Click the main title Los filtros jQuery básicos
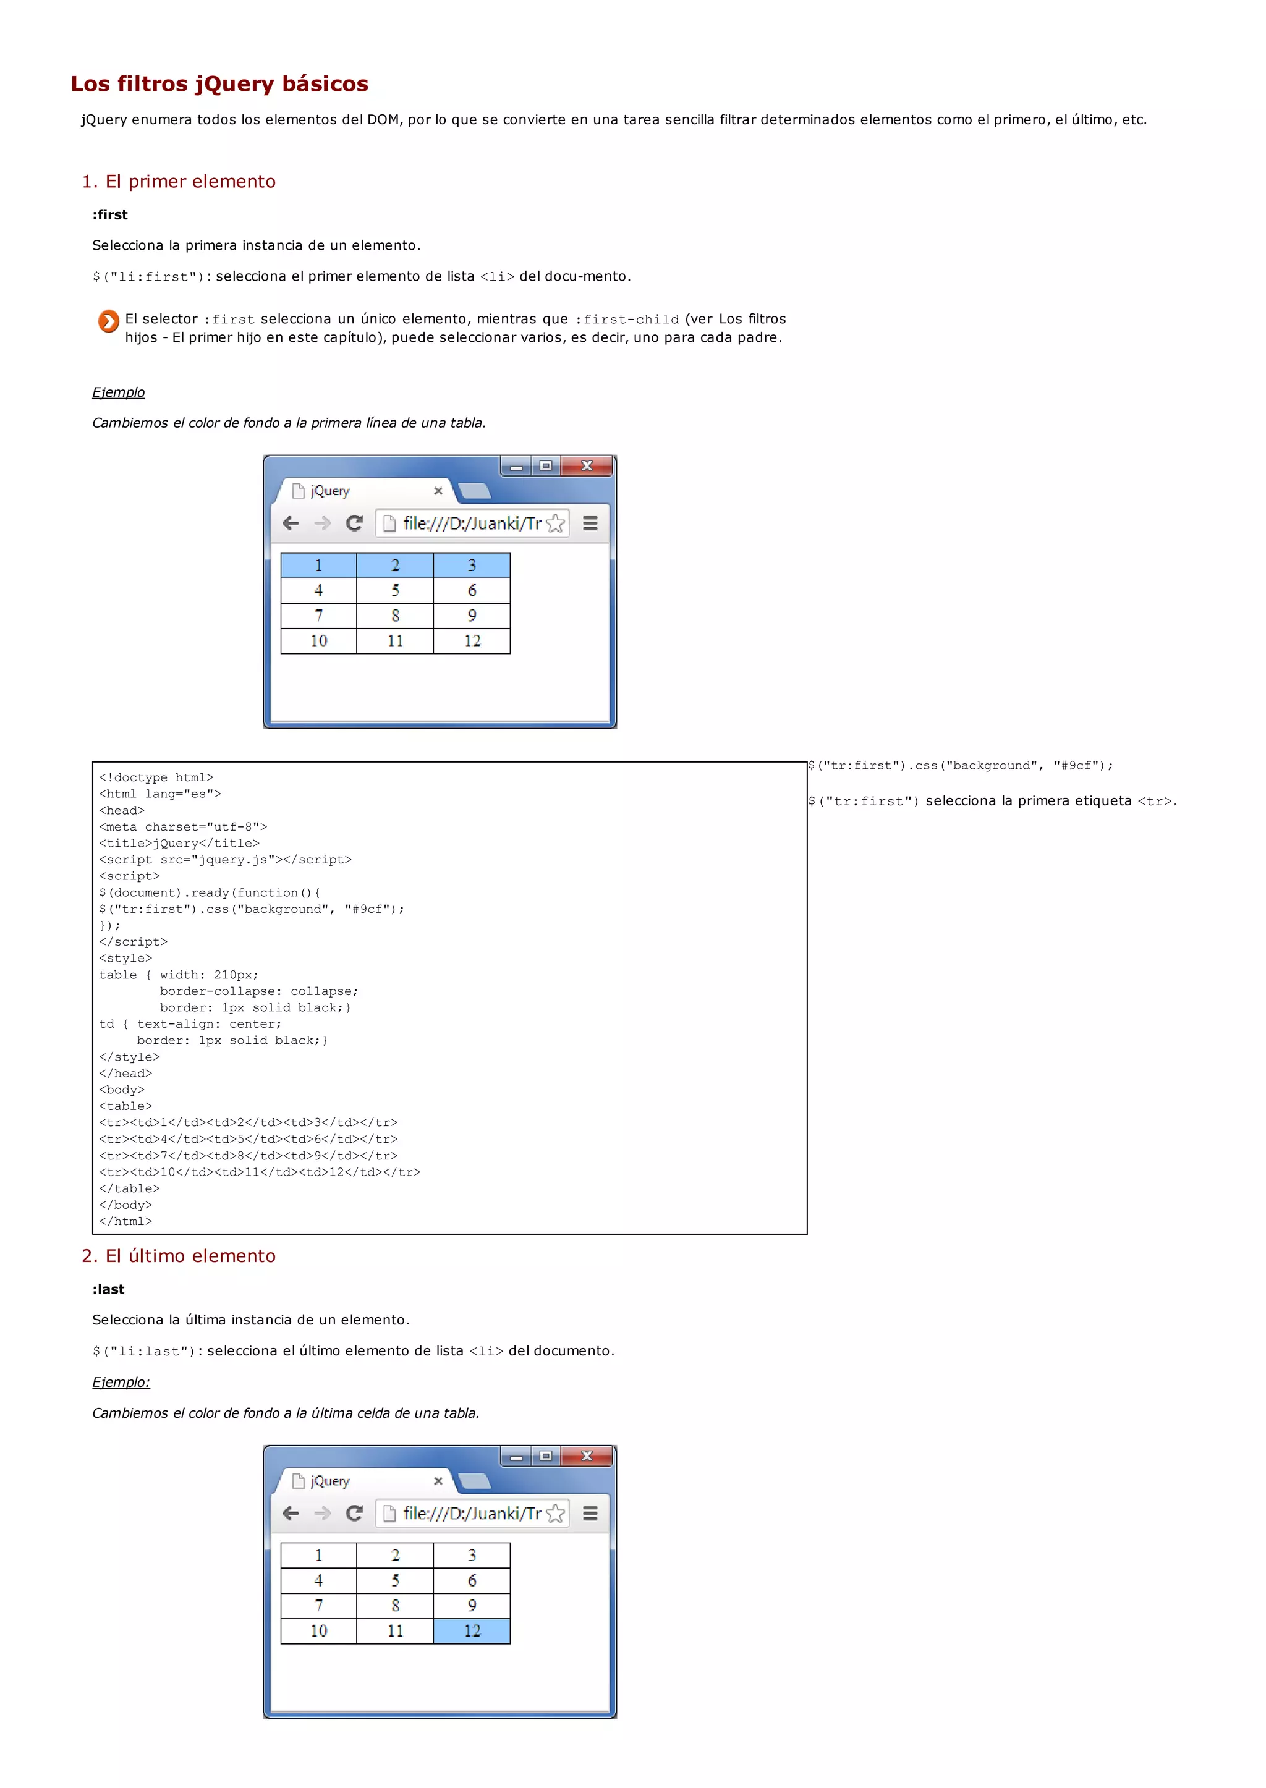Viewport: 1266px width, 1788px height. click(x=219, y=83)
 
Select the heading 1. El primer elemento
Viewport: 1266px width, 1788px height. click(x=179, y=182)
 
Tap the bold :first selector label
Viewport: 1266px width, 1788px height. click(x=110, y=214)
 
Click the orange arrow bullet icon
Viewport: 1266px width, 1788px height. click(x=108, y=321)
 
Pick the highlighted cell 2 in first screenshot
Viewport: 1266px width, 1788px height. click(x=395, y=565)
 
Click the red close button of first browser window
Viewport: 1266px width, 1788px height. click(x=587, y=465)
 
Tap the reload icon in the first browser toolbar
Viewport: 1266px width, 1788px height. click(x=355, y=523)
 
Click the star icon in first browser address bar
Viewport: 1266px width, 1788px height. click(x=555, y=523)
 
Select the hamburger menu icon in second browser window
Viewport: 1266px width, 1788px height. click(x=590, y=1513)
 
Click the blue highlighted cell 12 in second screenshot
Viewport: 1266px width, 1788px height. click(x=472, y=1630)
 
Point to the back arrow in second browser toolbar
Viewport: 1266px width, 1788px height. click(x=291, y=1513)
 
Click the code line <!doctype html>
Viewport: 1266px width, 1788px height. click(x=156, y=777)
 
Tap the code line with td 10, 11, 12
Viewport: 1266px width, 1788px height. click(x=260, y=1171)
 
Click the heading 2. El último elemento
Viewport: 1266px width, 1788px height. click(x=179, y=1256)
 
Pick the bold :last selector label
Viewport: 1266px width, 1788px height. click(x=108, y=1289)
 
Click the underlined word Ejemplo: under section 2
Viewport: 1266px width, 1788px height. click(x=121, y=1382)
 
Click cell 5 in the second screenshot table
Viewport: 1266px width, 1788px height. click(x=395, y=1580)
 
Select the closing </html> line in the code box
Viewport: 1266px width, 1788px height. click(x=125, y=1221)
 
